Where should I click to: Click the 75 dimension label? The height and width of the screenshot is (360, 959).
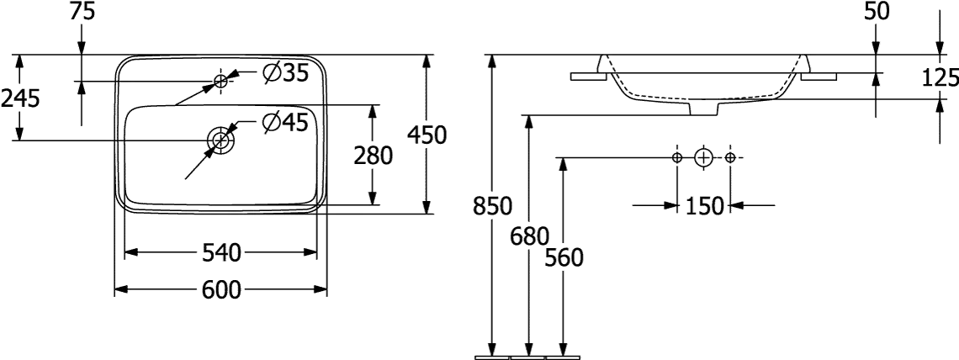(x=82, y=11)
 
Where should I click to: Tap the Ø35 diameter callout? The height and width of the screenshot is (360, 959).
(x=284, y=74)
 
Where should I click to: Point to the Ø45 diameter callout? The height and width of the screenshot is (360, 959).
(x=284, y=123)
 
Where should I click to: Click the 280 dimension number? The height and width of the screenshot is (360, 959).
(x=374, y=156)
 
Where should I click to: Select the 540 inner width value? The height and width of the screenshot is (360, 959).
(x=222, y=252)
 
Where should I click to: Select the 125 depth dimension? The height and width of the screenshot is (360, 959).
(x=940, y=78)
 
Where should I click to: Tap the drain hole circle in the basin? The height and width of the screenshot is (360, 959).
(x=220, y=139)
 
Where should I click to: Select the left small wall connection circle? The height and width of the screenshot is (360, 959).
(x=677, y=157)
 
